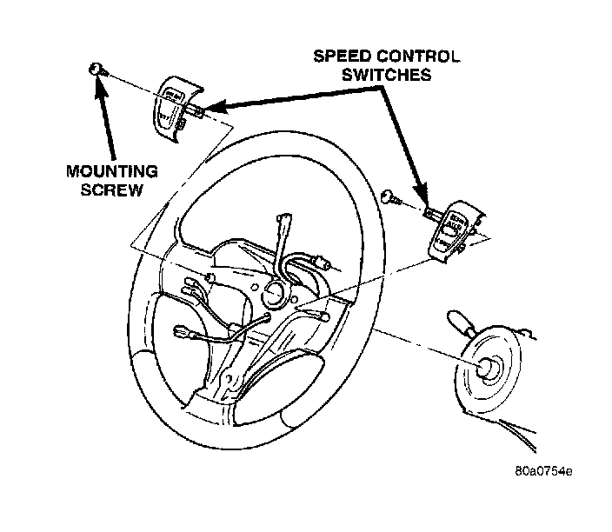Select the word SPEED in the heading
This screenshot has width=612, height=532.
click(340, 57)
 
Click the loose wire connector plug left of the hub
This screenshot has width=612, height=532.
click(184, 332)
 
